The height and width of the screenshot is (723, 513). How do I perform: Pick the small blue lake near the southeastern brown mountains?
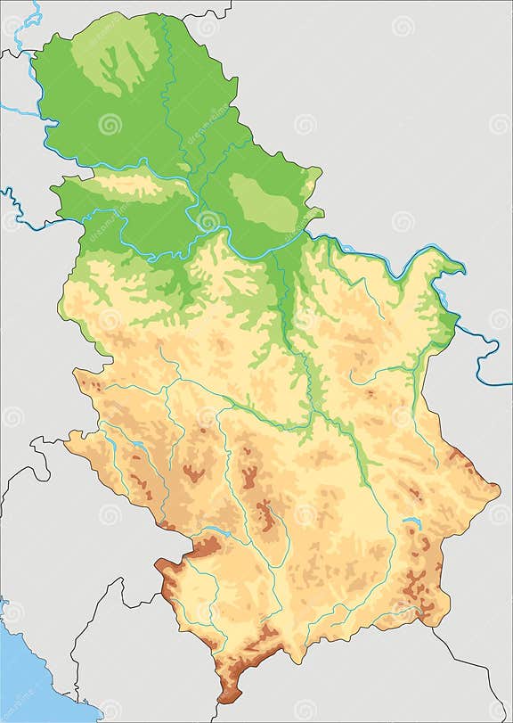pyautogui.click(x=411, y=523)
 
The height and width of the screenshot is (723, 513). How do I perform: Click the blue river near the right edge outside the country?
pyautogui.click(x=488, y=357)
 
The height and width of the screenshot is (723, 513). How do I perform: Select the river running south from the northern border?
pyautogui.click(x=169, y=80)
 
